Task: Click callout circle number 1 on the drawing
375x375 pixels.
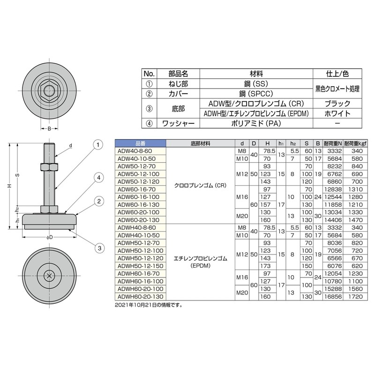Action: pos(97,145)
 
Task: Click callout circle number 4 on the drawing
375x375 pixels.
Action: pos(97,177)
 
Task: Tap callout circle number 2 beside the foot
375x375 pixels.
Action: pos(97,202)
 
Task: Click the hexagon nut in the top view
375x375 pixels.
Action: pos(49,89)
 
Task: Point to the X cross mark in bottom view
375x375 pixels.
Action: pos(49,276)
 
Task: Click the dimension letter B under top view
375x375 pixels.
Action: pos(49,128)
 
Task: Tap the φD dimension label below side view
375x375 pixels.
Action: pos(49,237)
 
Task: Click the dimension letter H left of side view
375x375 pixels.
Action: pos(9,186)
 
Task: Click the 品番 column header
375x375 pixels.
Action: pos(140,143)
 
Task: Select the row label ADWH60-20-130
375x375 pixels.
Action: pos(138,296)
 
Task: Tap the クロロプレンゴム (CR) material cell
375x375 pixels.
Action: pos(200,185)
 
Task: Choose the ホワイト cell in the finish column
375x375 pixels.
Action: pos(337,113)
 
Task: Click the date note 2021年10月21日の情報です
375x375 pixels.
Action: pos(148,305)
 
